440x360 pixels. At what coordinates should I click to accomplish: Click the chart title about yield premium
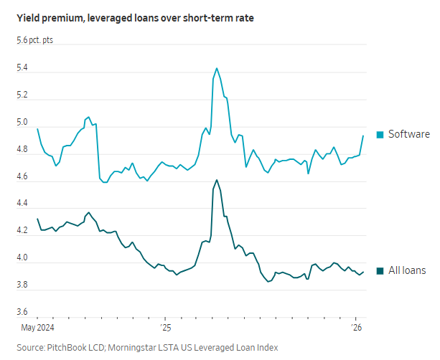[x=130, y=17]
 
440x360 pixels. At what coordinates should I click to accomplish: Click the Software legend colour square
[x=379, y=134]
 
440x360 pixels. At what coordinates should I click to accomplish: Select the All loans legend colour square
[x=379, y=270]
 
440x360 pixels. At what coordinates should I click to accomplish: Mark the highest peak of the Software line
[x=217, y=69]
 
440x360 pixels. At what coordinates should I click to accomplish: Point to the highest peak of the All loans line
[x=217, y=180]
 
